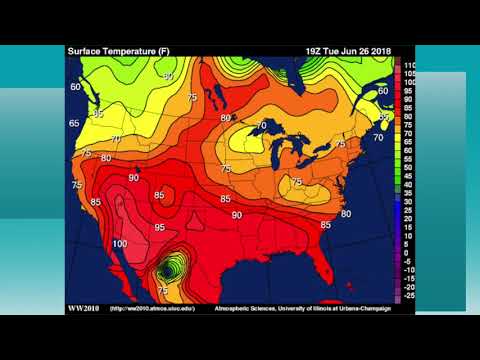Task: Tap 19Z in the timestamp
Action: (315, 51)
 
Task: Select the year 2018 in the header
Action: (375, 51)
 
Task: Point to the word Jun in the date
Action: (347, 51)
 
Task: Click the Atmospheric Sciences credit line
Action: (302, 308)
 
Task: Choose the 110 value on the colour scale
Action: (409, 65)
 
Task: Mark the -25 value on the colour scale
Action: (408, 297)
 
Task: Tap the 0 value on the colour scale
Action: (406, 252)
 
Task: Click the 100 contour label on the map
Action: (120, 244)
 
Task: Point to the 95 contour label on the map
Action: (159, 227)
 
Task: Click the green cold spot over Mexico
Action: (173, 268)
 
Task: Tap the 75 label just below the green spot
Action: (163, 290)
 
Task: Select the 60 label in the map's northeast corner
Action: (382, 91)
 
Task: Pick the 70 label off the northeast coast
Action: (378, 137)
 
